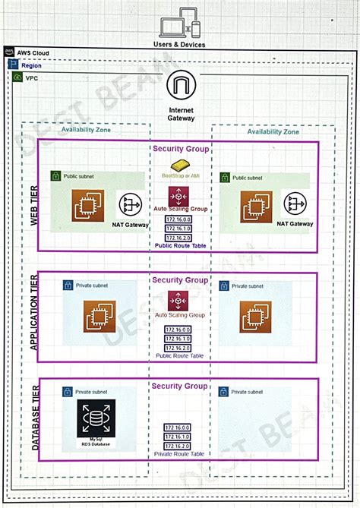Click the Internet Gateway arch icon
(181, 86)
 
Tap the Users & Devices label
(180, 45)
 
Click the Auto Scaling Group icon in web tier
(181, 195)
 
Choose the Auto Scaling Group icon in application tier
(181, 300)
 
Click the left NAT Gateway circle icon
(131, 204)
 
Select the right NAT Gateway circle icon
(295, 204)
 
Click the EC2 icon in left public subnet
(88, 205)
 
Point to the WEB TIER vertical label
(34, 205)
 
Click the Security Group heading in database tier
(180, 387)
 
